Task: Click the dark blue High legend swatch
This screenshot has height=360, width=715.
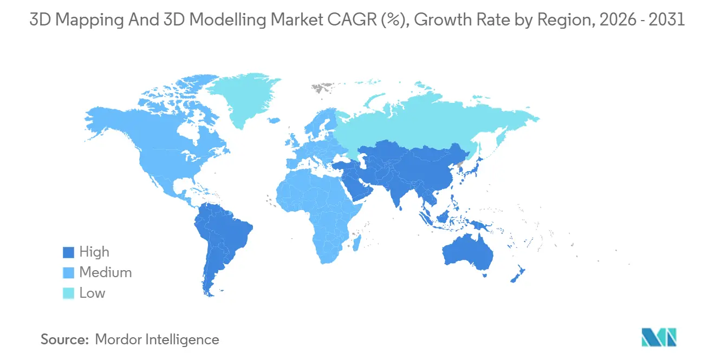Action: (68, 252)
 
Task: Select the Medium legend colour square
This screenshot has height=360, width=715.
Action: (68, 273)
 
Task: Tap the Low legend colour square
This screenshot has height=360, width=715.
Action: (68, 293)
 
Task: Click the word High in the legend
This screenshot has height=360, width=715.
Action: (94, 252)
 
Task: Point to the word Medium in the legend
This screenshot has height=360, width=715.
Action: (106, 273)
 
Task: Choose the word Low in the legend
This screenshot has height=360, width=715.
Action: (92, 293)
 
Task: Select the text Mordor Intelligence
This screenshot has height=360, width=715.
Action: (157, 339)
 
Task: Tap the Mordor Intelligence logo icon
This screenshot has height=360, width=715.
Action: (659, 338)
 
